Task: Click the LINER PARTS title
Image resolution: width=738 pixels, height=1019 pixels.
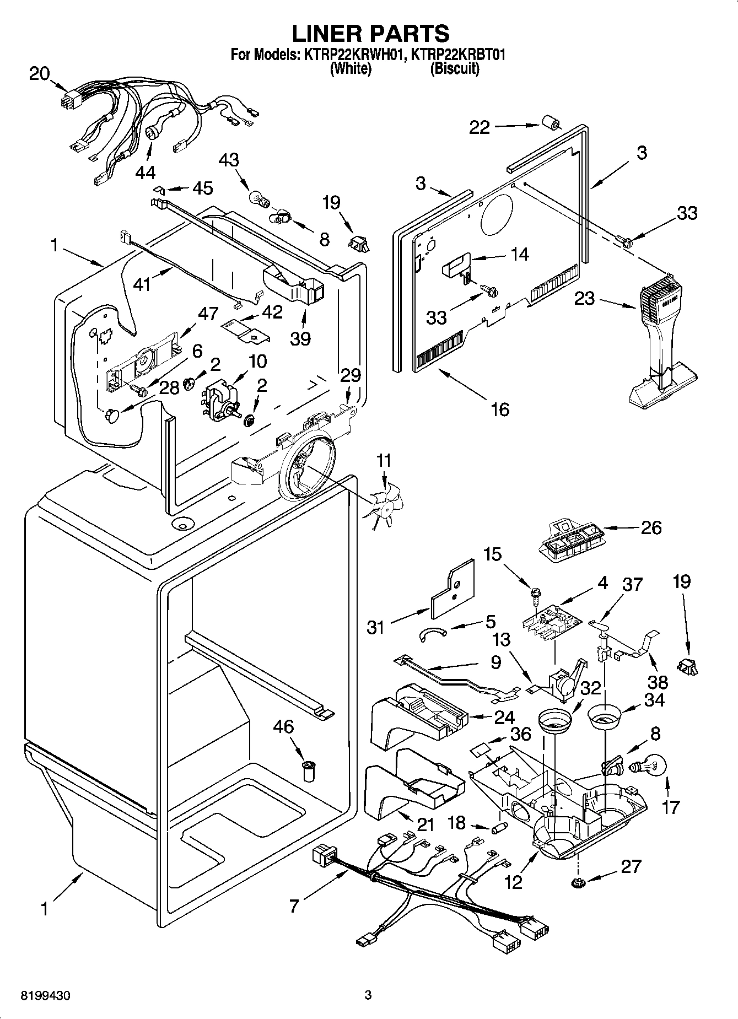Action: pos(370,34)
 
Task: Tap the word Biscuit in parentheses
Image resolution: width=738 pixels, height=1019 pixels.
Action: pos(454,69)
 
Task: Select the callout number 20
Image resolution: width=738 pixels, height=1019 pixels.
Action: pos(39,73)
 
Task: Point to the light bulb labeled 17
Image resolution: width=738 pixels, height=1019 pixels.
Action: pos(652,767)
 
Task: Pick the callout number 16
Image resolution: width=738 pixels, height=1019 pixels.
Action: pos(500,409)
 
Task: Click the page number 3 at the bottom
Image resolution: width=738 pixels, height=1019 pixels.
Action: pos(368,995)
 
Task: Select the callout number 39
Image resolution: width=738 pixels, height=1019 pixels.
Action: pos(300,338)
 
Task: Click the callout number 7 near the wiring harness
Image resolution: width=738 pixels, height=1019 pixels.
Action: pos(294,905)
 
